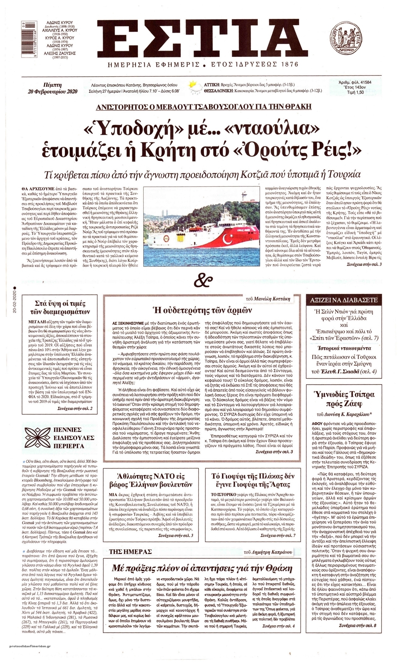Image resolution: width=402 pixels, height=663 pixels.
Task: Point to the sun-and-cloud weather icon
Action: tap(194, 87)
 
